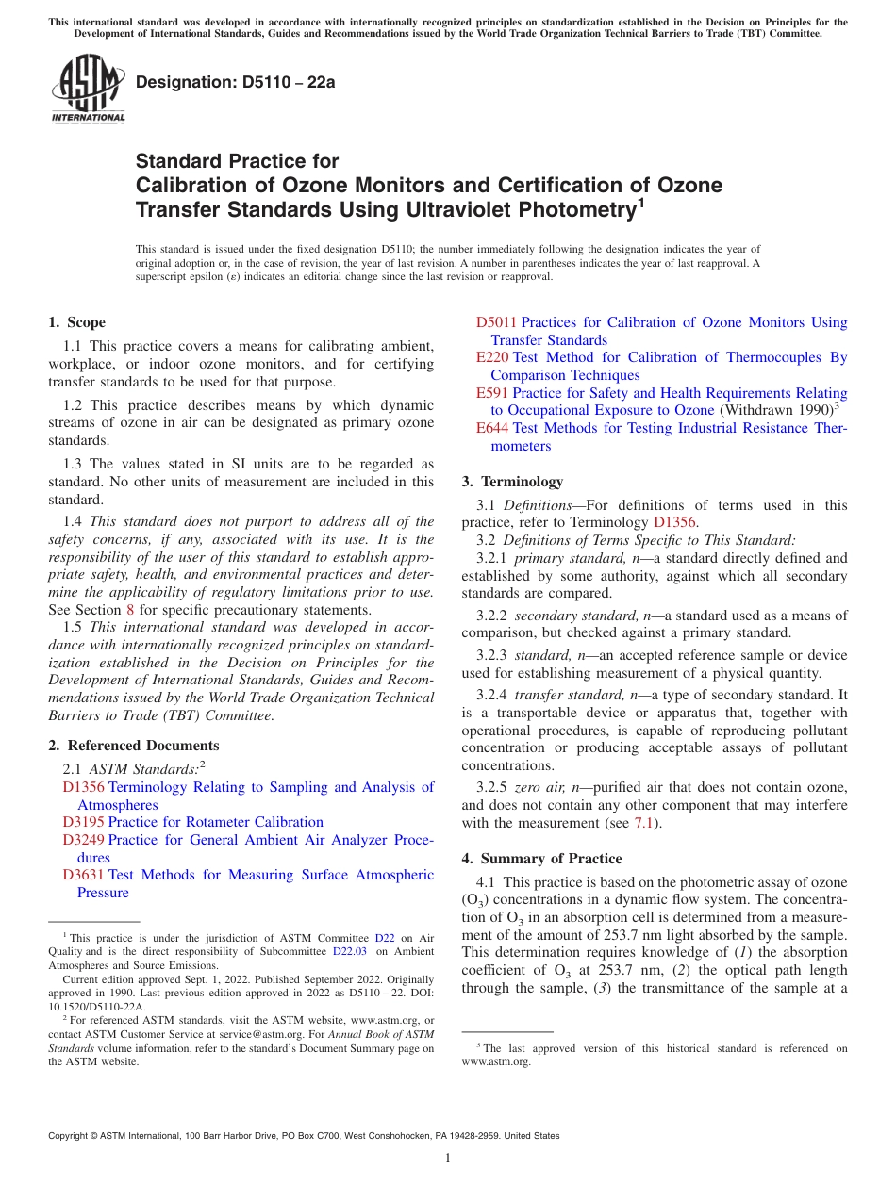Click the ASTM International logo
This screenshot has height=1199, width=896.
[x=88, y=89]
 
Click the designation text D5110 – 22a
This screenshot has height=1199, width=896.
[x=235, y=82]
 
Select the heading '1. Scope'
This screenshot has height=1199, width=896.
[x=76, y=322]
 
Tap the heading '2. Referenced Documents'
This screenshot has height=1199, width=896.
[x=121, y=746]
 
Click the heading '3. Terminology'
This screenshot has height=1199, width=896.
[x=511, y=481]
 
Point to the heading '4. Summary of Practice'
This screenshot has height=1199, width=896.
[x=541, y=859]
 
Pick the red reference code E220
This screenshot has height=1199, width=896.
[x=492, y=357]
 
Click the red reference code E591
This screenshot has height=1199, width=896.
[x=492, y=393]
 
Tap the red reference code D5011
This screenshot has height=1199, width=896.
[x=496, y=322]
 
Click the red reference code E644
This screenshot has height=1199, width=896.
[x=492, y=428]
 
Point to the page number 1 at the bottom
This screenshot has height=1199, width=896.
[x=448, y=1158]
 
